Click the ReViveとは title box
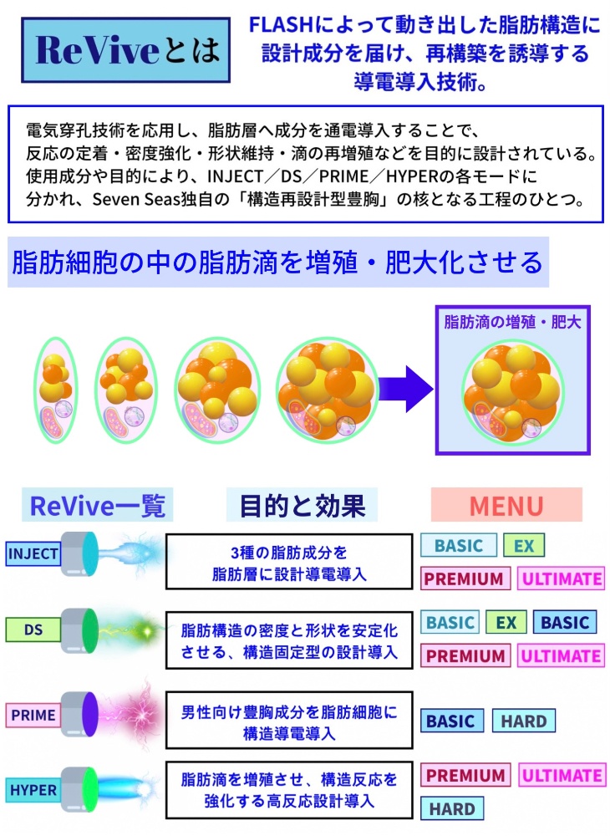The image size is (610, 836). [125, 49]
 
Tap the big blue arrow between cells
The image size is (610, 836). [406, 389]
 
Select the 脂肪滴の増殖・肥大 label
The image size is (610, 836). [512, 322]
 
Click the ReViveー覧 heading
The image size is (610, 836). [98, 505]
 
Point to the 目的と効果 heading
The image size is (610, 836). [302, 505]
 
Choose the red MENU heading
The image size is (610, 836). [506, 505]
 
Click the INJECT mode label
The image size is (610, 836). [33, 553]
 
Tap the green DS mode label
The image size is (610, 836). [33, 630]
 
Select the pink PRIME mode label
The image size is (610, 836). [33, 715]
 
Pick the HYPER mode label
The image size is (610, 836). [33, 790]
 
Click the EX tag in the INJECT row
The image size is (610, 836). [524, 545]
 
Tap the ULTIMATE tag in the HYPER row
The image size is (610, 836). [562, 775]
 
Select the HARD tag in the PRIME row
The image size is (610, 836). [524, 721]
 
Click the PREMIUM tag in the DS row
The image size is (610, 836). [465, 655]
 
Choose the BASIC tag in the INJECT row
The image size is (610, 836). [459, 545]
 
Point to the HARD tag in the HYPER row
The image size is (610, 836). [452, 808]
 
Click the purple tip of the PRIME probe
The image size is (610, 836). [90, 715]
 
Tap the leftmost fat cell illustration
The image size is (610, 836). [55, 390]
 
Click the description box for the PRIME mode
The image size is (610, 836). [289, 721]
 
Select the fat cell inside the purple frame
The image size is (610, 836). [512, 390]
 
